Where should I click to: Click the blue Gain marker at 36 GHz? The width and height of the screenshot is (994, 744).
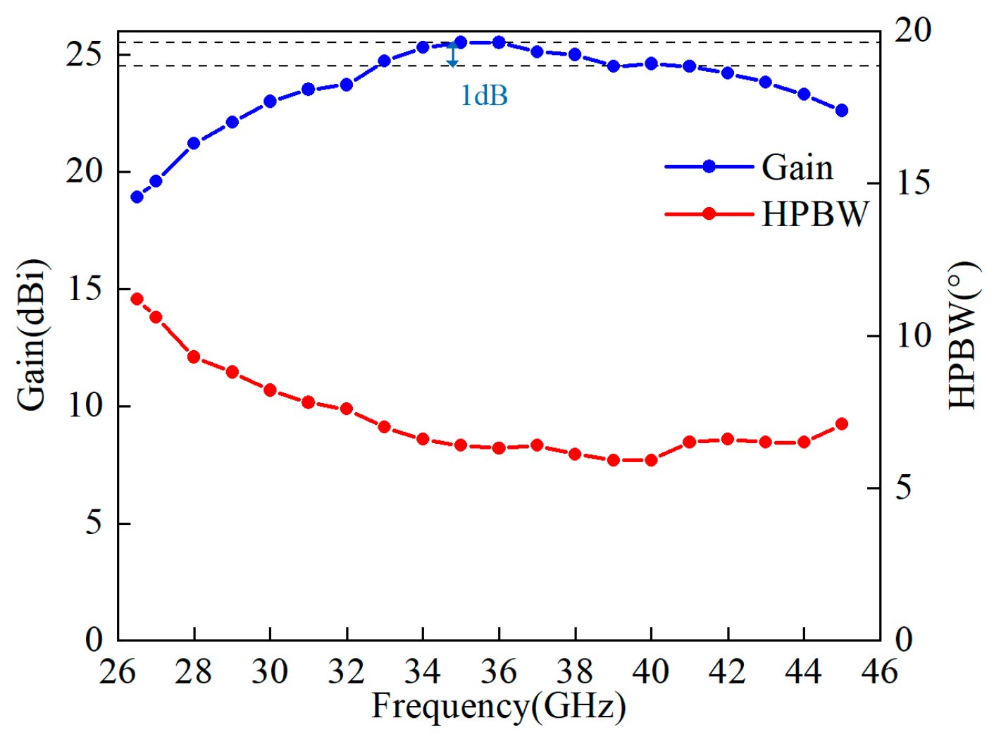click(499, 42)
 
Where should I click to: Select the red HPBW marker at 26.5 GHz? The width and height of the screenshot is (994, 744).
click(137, 299)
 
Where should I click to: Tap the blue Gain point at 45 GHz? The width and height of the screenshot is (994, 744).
click(841, 111)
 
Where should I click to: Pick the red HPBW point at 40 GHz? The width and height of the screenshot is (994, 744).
click(651, 460)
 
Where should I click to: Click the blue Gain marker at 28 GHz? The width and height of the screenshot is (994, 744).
click(194, 143)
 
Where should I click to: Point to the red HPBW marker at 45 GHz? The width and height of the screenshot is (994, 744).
click(841, 424)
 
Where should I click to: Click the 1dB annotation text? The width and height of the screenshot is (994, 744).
click(484, 96)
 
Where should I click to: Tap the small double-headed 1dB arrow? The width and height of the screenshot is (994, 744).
click(453, 54)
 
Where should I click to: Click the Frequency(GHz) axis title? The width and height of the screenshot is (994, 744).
click(498, 706)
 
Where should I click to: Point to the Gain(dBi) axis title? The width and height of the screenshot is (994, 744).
click(32, 335)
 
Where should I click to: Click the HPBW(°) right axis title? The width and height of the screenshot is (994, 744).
click(962, 335)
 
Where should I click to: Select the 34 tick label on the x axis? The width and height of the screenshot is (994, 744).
click(423, 671)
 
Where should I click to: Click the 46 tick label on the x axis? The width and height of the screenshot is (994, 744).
click(879, 671)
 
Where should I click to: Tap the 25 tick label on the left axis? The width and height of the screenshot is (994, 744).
click(85, 54)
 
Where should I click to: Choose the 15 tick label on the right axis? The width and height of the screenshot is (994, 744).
click(913, 183)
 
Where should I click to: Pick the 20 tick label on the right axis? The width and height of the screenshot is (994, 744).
click(913, 31)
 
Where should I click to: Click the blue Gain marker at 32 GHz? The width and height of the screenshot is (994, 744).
click(347, 85)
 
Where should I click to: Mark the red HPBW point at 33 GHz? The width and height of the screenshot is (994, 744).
click(385, 427)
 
